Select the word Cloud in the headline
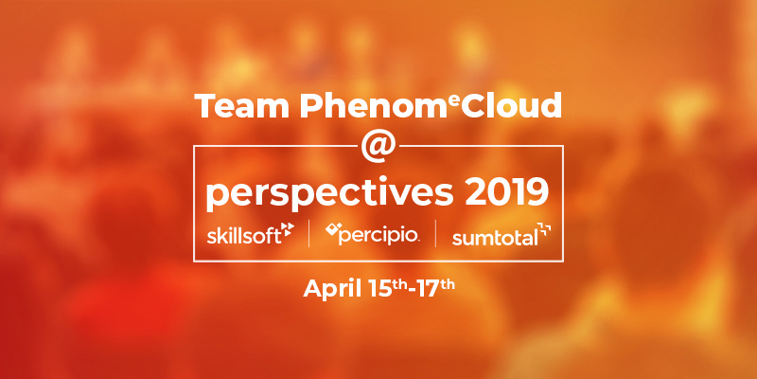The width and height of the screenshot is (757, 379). tap(511, 105)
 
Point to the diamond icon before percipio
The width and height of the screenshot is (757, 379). tap(331, 229)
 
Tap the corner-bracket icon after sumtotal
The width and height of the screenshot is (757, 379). tap(545, 229)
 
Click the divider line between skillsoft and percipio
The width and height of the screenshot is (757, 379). tap(309, 233)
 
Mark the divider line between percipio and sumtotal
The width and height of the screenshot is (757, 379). tap(435, 233)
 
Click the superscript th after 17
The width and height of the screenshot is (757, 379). tap(446, 284)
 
